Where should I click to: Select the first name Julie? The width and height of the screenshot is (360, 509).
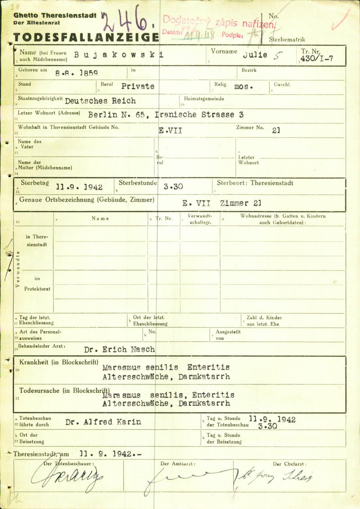[255, 55]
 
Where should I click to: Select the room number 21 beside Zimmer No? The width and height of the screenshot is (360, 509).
[276, 131]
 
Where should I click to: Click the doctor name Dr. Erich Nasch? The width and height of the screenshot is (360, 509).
[120, 349]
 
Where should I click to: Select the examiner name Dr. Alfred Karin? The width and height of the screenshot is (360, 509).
[103, 422]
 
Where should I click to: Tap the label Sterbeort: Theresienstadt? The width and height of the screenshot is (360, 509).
[255, 183]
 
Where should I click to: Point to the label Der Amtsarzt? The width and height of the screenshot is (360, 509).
[178, 464]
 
